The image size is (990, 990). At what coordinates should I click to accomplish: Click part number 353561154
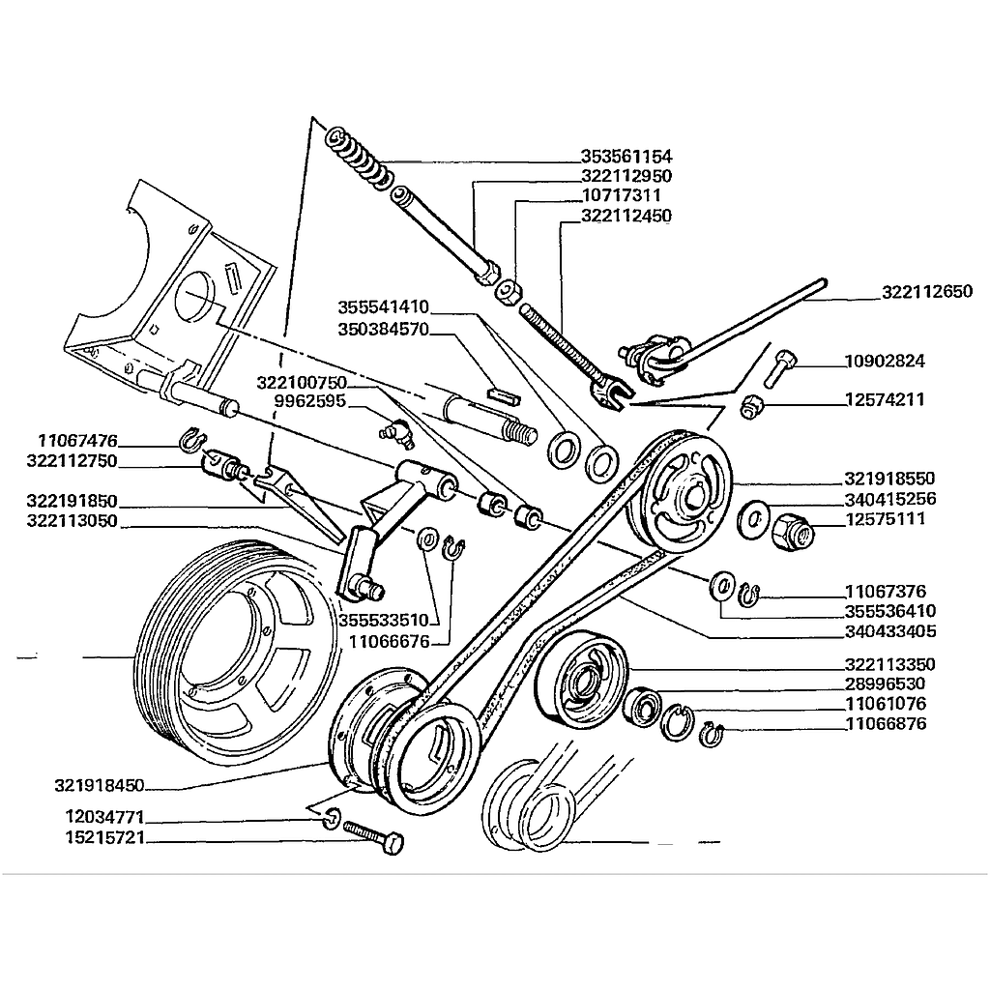coord(626,157)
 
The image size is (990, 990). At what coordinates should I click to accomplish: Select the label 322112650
coord(927,291)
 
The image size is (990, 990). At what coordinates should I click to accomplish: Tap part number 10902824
coord(885,362)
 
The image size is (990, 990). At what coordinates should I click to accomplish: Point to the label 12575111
coord(885,519)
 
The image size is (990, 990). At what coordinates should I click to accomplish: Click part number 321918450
coord(101,784)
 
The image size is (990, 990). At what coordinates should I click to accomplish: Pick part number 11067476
coord(76,441)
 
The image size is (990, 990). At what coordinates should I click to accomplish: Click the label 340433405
coord(890,631)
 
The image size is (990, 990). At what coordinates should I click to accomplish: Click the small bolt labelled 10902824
coord(781,365)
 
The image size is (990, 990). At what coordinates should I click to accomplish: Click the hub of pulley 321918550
coord(687,497)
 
